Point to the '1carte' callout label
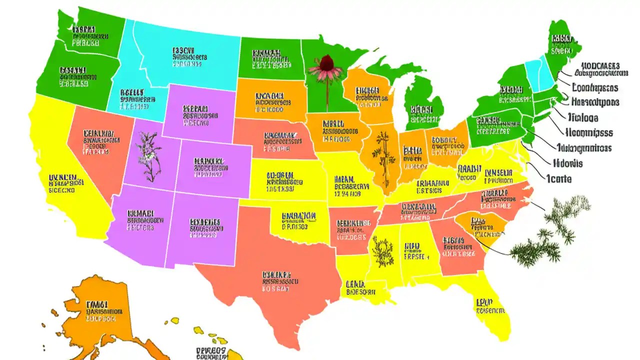click(558, 178)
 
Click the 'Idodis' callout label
click(567, 163)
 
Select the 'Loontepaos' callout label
click(595, 88)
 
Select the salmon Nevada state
click(97, 150)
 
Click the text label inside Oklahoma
click(300, 220)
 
